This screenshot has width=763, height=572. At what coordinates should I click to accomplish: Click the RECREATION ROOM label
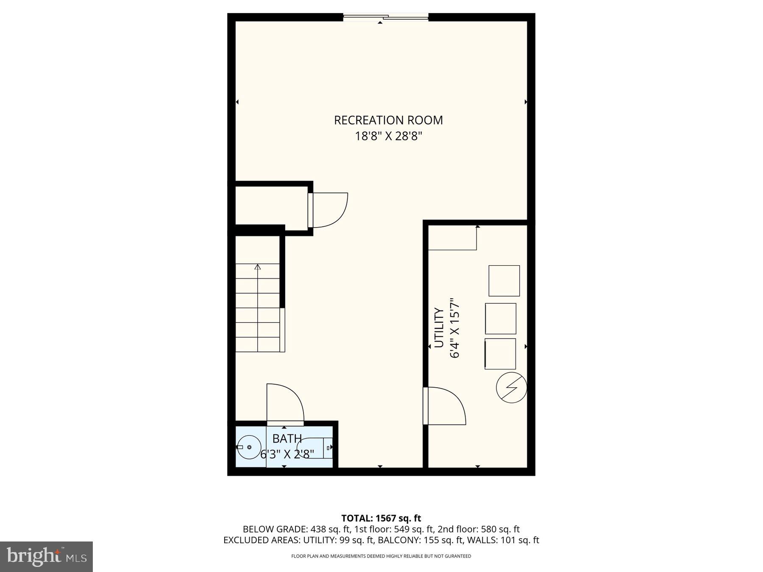[x=388, y=120]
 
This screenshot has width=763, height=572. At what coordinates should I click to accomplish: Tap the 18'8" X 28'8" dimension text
[x=388, y=136]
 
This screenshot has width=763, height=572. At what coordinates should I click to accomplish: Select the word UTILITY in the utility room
[x=439, y=328]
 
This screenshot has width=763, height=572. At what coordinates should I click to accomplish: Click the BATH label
[x=287, y=439]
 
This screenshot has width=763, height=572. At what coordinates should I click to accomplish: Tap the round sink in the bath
[x=249, y=447]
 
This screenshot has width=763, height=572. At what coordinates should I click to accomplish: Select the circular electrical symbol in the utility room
[x=512, y=388]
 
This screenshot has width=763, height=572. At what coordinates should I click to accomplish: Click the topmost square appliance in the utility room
[x=504, y=280]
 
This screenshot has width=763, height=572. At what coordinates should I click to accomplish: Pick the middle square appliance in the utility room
[x=501, y=319]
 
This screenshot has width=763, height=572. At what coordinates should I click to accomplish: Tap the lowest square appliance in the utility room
[x=500, y=354]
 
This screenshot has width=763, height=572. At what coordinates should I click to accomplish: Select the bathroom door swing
[x=285, y=403]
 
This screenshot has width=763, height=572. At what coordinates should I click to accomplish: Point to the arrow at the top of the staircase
[x=257, y=267]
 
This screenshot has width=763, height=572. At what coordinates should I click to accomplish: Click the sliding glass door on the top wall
[x=386, y=17]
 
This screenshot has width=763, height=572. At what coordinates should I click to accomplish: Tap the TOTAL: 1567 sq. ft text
[x=381, y=518]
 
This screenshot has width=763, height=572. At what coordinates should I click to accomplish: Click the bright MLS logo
[x=46, y=556]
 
